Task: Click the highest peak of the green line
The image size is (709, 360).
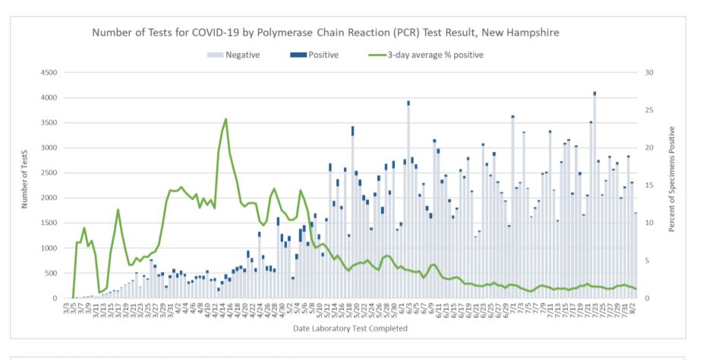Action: tap(225, 119)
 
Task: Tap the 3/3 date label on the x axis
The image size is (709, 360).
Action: tap(67, 308)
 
